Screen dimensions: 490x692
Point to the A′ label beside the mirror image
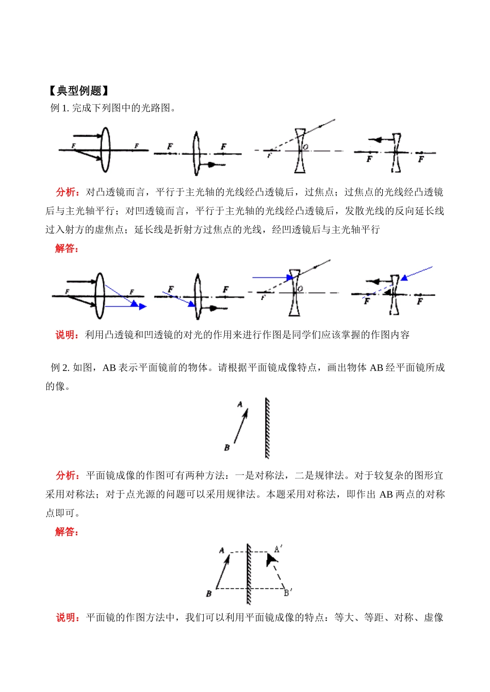coord(278,549)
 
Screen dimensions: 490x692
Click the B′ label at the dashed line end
coord(288,592)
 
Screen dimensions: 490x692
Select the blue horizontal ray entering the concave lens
coord(271,277)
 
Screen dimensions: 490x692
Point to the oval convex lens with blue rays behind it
coord(100,296)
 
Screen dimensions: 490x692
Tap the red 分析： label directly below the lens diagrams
coord(68,192)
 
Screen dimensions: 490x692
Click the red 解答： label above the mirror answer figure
coord(68,532)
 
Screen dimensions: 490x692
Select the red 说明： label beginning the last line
coord(68,617)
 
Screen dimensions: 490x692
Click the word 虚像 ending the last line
coord(433,617)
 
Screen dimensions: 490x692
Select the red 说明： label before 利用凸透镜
coord(68,335)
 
